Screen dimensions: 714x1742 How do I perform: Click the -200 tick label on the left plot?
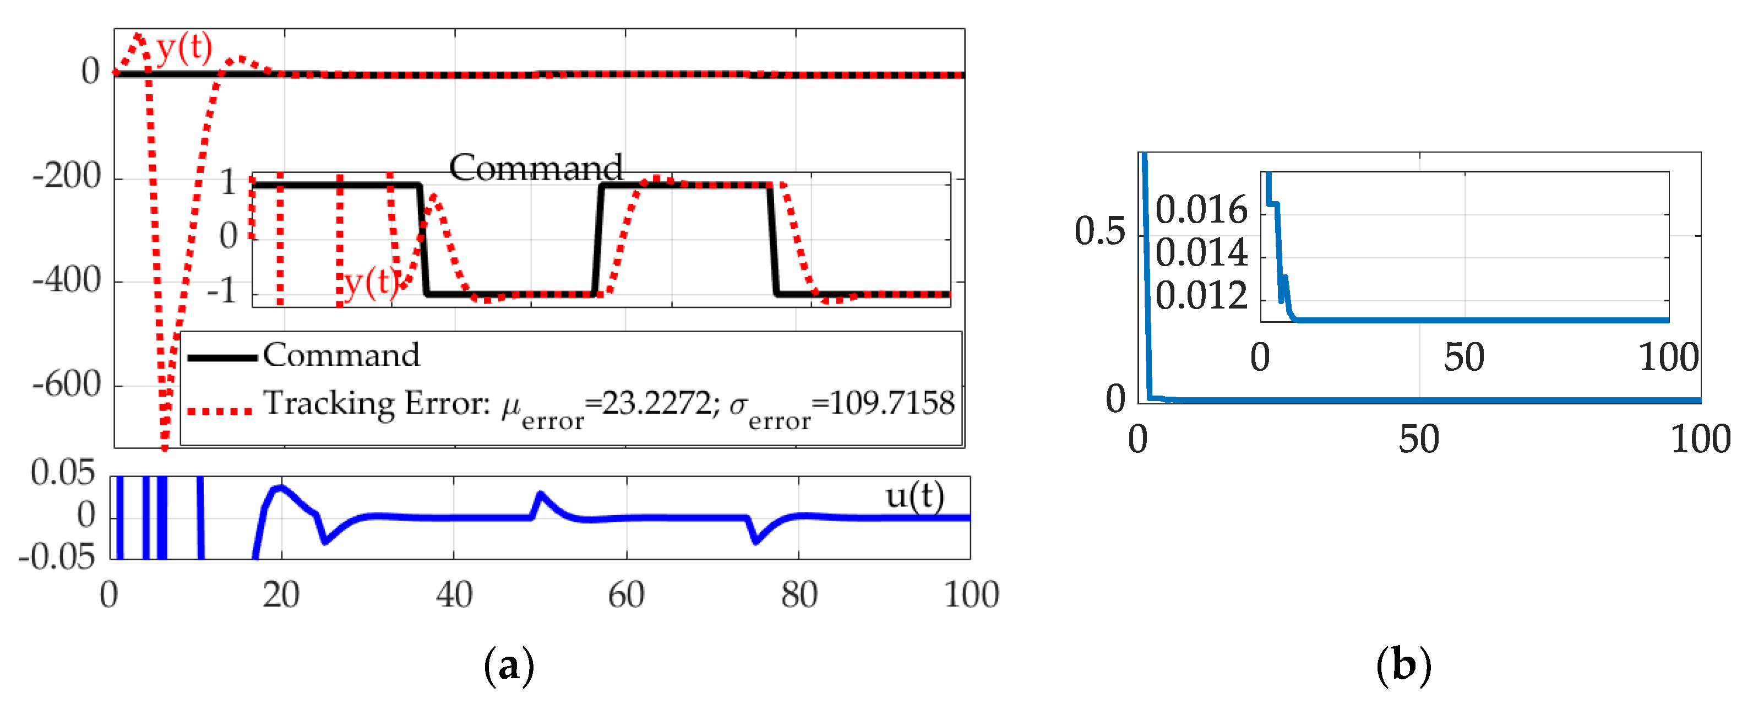[x=66, y=177]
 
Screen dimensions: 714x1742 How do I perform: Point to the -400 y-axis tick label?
[x=66, y=280]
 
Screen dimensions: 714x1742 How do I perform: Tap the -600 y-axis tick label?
[x=66, y=385]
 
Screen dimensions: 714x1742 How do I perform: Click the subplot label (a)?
[x=509, y=666]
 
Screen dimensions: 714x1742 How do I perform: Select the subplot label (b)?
[x=1403, y=666]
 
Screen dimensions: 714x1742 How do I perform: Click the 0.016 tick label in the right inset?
[x=1201, y=210]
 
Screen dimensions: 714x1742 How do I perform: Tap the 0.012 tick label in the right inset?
[x=1201, y=296]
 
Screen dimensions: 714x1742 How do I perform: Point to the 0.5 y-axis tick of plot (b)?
[x=1099, y=231]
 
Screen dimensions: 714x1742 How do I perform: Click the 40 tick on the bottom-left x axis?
[x=454, y=596]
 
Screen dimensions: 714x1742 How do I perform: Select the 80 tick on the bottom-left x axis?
[x=799, y=596]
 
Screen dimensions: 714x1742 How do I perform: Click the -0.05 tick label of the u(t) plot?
[x=57, y=557]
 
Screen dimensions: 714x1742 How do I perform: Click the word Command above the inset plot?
[x=536, y=167]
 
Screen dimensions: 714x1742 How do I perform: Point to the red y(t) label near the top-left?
[x=184, y=47]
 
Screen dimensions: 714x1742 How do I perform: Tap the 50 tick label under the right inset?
[x=1464, y=358]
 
